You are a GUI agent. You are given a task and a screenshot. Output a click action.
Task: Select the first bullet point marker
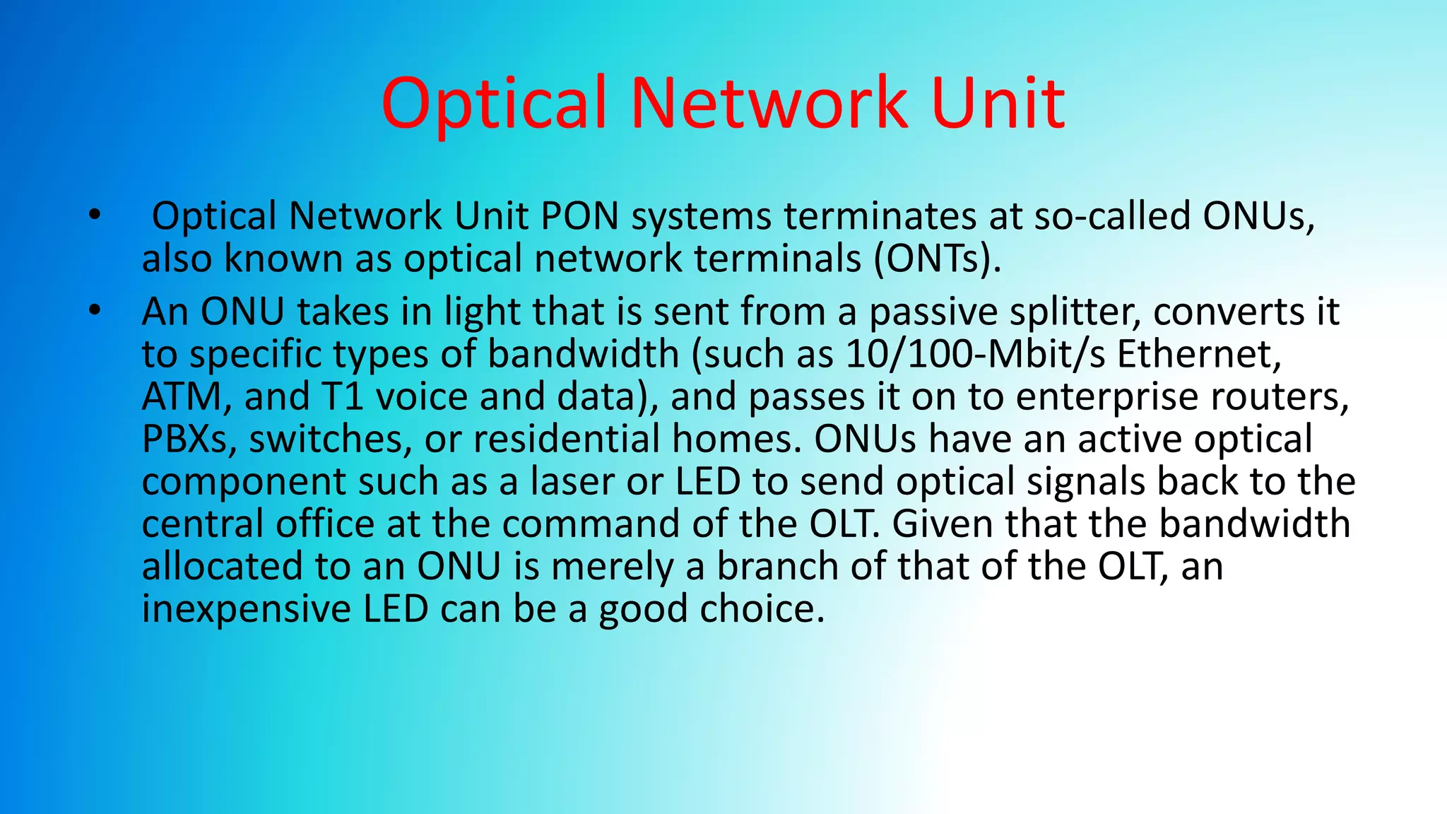pyautogui.click(x=95, y=215)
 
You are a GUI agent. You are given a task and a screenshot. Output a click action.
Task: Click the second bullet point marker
pyautogui.click(x=95, y=310)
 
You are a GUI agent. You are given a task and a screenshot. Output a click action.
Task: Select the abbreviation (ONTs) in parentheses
pyautogui.click(x=938, y=259)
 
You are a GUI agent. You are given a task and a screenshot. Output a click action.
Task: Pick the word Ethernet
pyautogui.click(x=1199, y=354)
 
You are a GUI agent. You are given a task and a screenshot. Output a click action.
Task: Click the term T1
pyautogui.click(x=343, y=396)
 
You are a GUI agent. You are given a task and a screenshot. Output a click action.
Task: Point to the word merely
pyautogui.click(x=612, y=567)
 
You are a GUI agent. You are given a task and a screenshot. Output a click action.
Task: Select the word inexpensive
pyautogui.click(x=246, y=609)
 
